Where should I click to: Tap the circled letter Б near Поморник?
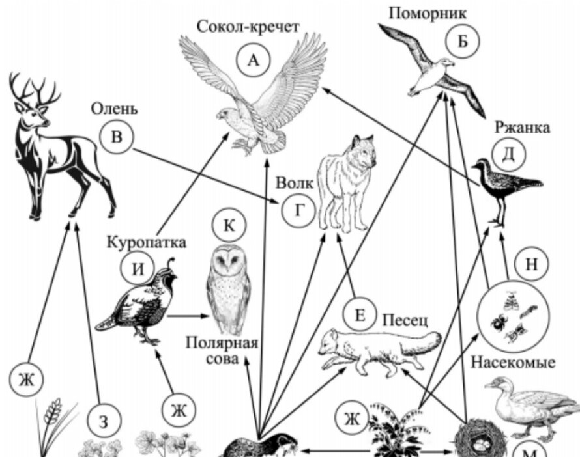click(462, 40)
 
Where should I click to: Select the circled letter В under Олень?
click(117, 137)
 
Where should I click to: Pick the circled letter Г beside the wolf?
click(298, 210)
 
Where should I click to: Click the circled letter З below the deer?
click(102, 422)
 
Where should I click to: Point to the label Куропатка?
click(147, 243)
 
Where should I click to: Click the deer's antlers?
click(32, 91)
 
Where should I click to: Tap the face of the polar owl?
click(229, 264)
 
